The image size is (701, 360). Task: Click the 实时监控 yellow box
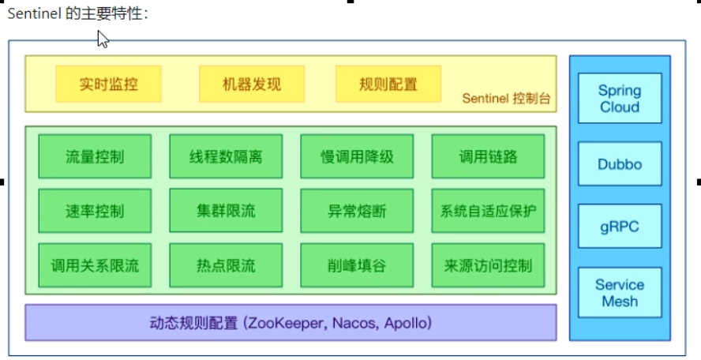[109, 84]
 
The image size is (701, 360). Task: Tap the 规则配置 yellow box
[388, 84]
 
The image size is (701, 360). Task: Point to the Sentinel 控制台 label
[506, 99]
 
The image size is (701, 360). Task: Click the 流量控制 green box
[95, 156]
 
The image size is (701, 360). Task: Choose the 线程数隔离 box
[226, 156]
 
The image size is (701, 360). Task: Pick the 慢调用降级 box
[357, 156]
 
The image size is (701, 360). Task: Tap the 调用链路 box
[488, 156]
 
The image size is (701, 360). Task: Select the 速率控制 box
[95, 211]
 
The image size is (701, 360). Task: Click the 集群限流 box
[226, 211]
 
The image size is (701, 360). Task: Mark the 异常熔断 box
[357, 211]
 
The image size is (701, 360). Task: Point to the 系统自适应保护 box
[488, 211]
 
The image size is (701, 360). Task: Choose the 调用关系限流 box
[95, 265]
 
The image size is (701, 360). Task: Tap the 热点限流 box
[226, 265]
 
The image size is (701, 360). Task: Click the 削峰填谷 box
[357, 265]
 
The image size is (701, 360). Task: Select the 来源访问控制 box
[488, 265]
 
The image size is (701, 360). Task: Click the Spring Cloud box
[620, 99]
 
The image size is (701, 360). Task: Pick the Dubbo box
[620, 165]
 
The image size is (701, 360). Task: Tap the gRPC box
[620, 227]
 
